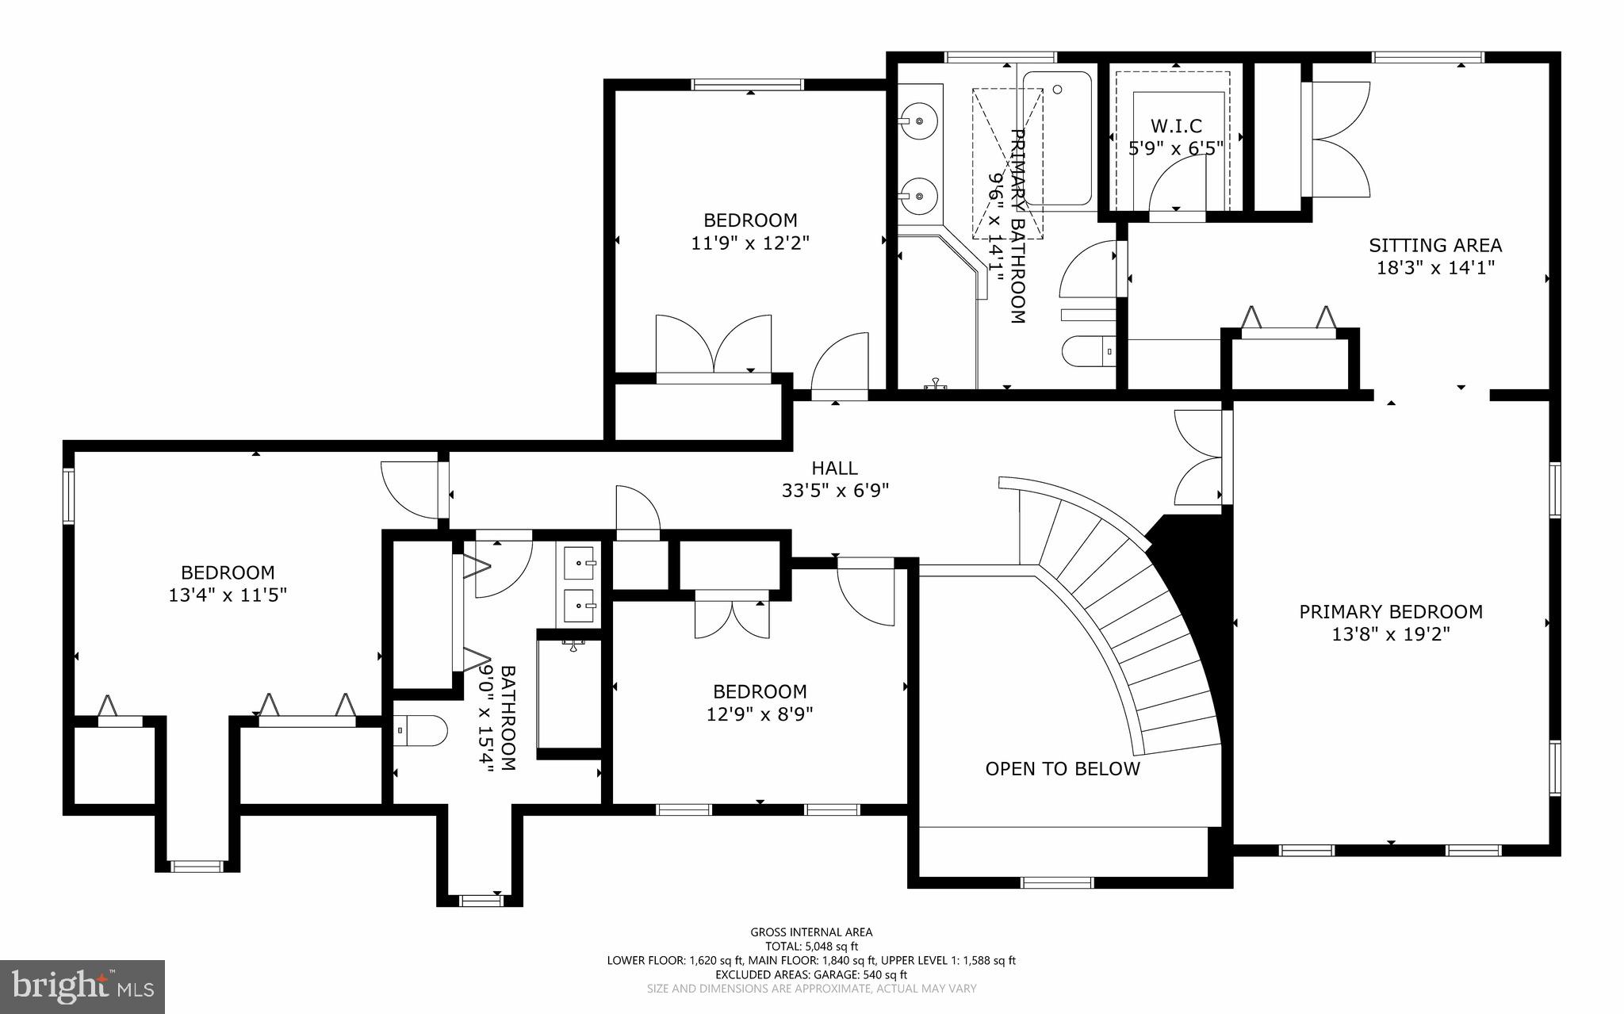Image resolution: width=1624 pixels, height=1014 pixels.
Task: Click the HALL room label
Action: point(834,469)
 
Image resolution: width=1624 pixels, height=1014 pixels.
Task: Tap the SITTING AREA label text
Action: point(1434,246)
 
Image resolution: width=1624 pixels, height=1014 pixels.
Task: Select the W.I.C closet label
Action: point(1176,126)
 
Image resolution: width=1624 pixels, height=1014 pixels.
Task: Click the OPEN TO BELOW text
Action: point(1062,769)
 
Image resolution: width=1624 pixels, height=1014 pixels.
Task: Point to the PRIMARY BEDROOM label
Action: point(1390,612)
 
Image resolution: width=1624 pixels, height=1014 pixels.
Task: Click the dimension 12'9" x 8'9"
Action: point(760,714)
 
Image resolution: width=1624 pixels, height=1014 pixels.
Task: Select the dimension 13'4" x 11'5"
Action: point(228,595)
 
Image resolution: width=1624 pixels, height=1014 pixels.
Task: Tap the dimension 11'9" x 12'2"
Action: point(749,243)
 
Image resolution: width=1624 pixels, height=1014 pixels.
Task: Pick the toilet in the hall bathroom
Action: point(420,730)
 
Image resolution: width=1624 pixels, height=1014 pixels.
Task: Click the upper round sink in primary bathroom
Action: point(919,122)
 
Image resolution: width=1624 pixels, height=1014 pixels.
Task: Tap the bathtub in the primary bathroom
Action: point(1057,139)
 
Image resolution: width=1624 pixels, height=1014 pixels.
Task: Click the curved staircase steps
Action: point(1142,618)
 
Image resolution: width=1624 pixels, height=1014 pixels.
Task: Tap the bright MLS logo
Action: point(82,985)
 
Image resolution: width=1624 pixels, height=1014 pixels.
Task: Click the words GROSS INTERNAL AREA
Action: point(811,932)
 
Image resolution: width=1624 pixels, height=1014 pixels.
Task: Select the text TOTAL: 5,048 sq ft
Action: point(811,946)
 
